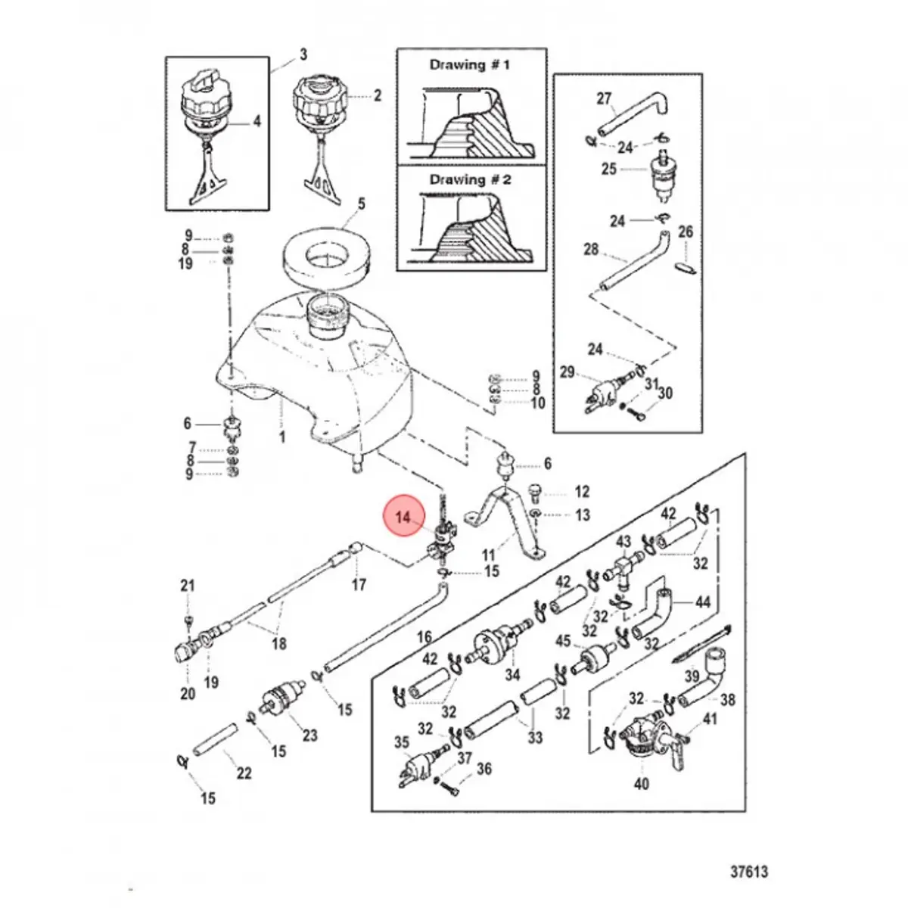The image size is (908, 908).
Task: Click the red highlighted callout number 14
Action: tap(404, 517)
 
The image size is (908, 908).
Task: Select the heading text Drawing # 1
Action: tap(469, 65)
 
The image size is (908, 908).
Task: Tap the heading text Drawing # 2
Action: tap(470, 180)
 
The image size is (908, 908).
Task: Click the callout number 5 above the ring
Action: tap(361, 204)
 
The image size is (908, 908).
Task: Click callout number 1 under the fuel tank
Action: tap(282, 437)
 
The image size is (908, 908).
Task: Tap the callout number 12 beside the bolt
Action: tap(581, 493)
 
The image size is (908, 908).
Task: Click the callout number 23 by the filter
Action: tap(309, 735)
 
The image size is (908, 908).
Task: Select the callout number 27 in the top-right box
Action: tap(603, 98)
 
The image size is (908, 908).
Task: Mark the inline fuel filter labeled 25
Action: tap(661, 175)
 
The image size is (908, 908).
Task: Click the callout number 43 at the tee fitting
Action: tap(623, 542)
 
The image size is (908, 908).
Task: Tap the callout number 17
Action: tap(359, 584)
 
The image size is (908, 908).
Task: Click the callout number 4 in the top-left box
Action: tap(256, 120)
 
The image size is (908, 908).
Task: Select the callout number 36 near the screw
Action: tap(484, 769)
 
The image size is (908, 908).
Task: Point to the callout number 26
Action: tap(685, 232)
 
